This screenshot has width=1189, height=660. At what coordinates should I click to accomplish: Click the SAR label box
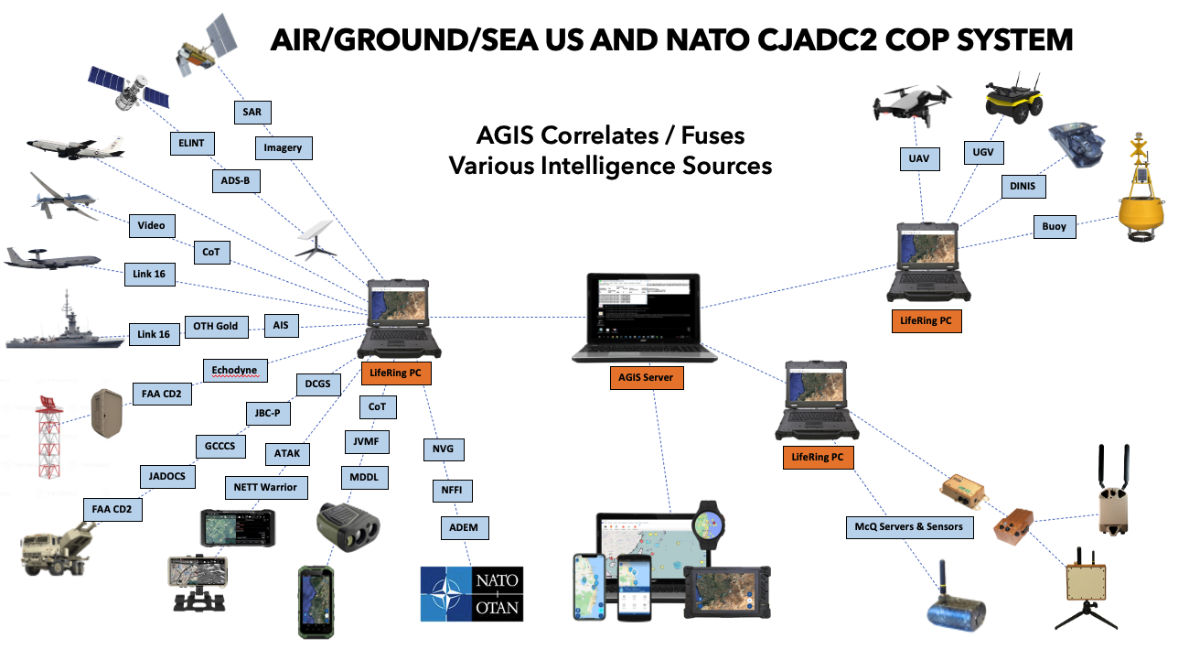252,111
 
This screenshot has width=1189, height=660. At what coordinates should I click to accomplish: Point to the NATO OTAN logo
472,593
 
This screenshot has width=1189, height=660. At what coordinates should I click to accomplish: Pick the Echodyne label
235,371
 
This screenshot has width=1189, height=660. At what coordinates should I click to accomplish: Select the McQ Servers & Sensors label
909,527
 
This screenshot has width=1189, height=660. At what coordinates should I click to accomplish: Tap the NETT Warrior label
265,487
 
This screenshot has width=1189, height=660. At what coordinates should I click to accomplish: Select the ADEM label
464,528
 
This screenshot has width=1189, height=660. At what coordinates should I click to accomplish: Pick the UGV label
975,152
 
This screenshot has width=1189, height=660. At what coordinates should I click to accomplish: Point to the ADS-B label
235,181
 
